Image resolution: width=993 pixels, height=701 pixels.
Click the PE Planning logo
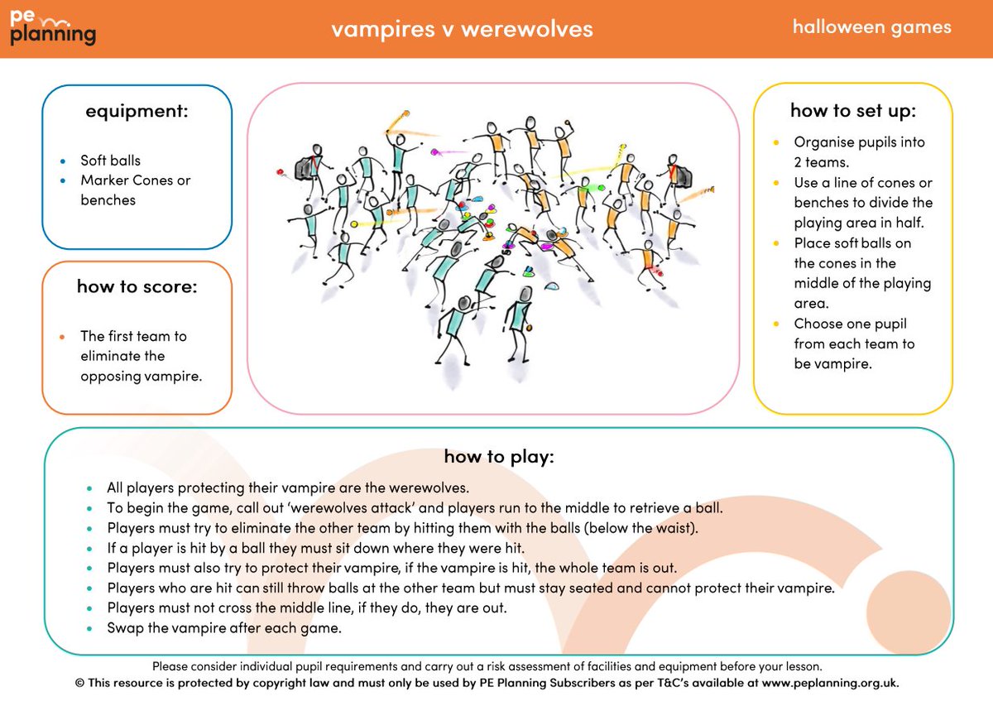(53, 28)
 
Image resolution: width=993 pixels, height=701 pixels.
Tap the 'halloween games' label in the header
(871, 26)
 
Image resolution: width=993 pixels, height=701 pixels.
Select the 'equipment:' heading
(137, 110)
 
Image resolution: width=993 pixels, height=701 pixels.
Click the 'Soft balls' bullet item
(110, 161)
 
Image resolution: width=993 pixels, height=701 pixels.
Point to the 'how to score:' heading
(137, 286)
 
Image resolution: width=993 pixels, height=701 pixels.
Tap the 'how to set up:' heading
(852, 110)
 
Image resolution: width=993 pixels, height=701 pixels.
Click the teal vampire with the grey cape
(309, 167)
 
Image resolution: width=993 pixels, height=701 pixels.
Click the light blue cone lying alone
(553, 286)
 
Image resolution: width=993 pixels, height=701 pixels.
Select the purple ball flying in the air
(434, 152)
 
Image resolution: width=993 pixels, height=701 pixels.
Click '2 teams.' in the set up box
(818, 162)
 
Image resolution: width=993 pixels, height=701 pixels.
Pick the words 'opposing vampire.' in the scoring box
(141, 376)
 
